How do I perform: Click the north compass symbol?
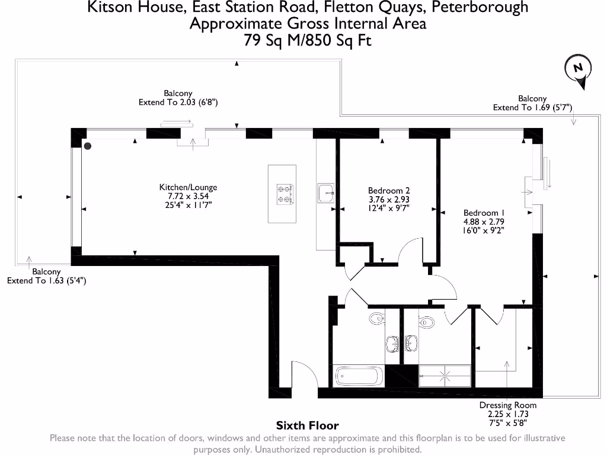578,69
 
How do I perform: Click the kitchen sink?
326,193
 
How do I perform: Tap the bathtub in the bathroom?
357,376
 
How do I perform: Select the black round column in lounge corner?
88,146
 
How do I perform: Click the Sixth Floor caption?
308,425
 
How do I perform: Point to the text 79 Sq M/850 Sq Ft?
308,40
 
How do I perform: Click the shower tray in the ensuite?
445,376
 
